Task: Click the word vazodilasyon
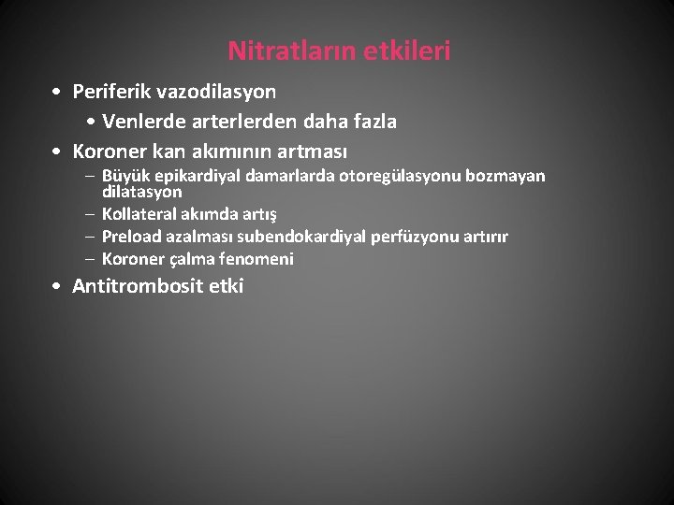click(x=219, y=93)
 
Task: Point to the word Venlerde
click(x=143, y=122)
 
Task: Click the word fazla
click(x=372, y=122)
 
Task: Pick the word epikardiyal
click(x=195, y=176)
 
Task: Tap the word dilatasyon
click(x=141, y=191)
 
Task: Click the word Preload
click(x=131, y=237)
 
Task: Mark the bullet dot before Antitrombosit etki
click(x=58, y=287)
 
